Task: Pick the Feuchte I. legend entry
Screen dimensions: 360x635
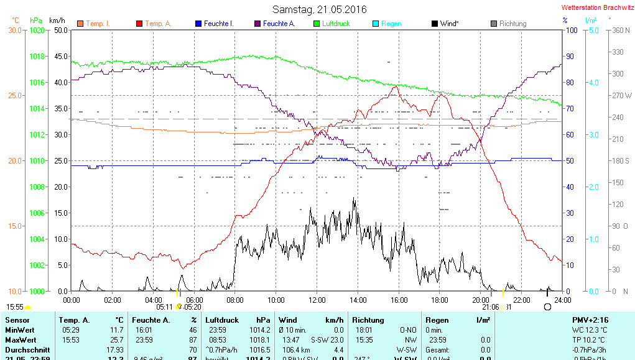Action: click(x=218, y=24)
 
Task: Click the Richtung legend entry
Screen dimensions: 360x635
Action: click(x=512, y=24)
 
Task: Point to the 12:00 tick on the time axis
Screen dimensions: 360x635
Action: click(x=317, y=300)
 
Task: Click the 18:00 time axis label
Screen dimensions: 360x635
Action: click(x=439, y=300)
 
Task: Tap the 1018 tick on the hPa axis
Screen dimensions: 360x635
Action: click(x=38, y=56)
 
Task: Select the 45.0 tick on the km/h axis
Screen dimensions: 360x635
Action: click(x=60, y=56)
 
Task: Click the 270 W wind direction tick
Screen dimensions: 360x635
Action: click(x=622, y=96)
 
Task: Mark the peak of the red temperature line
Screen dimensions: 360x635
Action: click(x=396, y=86)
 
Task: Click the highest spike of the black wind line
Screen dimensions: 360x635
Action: click(x=355, y=198)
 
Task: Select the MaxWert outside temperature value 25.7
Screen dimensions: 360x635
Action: click(x=116, y=340)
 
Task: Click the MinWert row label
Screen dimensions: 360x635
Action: click(x=20, y=330)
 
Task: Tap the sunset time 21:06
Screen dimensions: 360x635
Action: click(x=490, y=307)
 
